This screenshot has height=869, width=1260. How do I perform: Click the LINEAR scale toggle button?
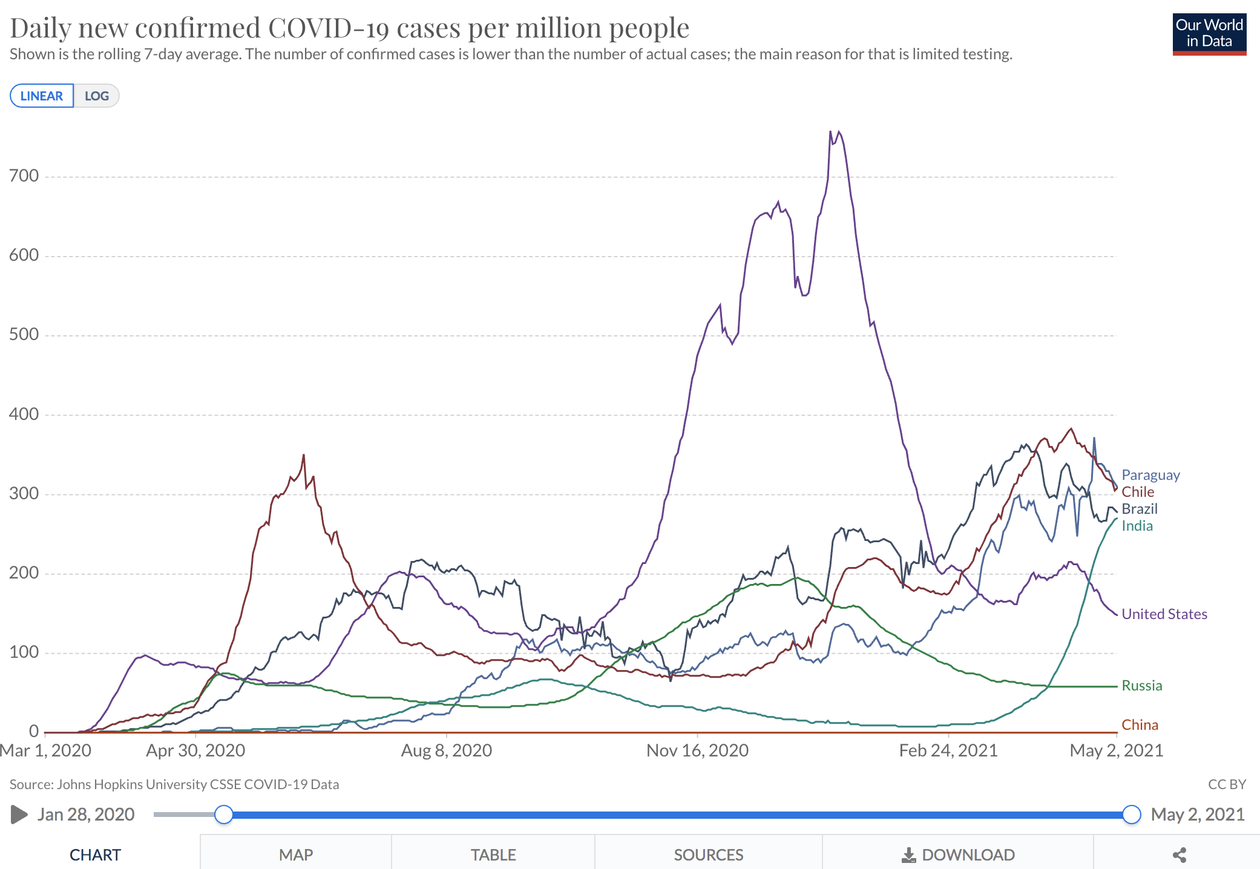[x=42, y=96]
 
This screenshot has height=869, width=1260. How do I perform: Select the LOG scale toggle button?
[x=97, y=96]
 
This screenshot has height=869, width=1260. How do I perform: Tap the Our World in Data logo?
[x=1209, y=34]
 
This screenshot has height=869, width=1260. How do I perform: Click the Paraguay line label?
[x=1150, y=475]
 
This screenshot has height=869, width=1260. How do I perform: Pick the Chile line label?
[x=1138, y=492]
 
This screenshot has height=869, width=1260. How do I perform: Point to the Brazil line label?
[x=1140, y=509]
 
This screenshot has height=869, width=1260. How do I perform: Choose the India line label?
[x=1137, y=526]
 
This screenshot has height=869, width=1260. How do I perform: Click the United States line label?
[x=1164, y=614]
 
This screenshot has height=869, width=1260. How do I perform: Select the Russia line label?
[x=1142, y=686]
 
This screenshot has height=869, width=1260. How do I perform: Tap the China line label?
[x=1140, y=725]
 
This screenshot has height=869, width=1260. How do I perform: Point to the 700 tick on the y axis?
[x=24, y=176]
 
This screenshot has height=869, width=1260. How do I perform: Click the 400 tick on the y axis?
[x=24, y=415]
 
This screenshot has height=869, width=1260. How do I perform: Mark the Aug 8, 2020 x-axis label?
[x=447, y=751]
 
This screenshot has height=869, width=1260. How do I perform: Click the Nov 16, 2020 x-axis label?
[x=697, y=751]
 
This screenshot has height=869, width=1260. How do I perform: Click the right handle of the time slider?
[x=1131, y=815]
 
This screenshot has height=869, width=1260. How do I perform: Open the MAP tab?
[x=296, y=854]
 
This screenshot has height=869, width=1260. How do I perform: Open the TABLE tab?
[x=493, y=854]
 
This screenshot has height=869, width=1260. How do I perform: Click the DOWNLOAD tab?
[x=958, y=854]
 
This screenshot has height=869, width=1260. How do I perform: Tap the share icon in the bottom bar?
[x=1179, y=854]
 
